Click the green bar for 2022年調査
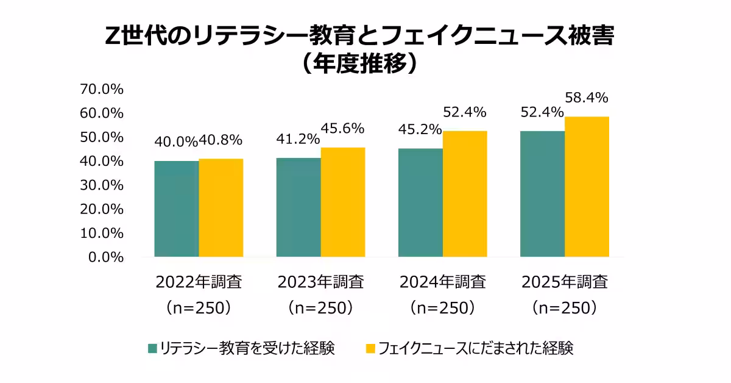click(177, 209)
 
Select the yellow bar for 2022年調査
click(221, 207)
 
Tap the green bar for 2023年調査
click(298, 207)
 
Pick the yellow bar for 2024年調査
click(465, 193)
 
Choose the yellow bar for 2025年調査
click(587, 186)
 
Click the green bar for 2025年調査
click(542, 193)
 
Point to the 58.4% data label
click(587, 98)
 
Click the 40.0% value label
click(176, 141)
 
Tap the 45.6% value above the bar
click(343, 129)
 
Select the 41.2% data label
click(298, 138)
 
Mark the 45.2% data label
click(420, 129)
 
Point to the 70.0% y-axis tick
click(102, 89)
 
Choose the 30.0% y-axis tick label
click(102, 185)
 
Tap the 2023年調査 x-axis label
click(321, 282)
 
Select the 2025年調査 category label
click(565, 282)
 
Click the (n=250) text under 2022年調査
click(199, 307)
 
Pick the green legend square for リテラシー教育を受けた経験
click(153, 349)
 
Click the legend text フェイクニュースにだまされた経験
click(476, 349)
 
